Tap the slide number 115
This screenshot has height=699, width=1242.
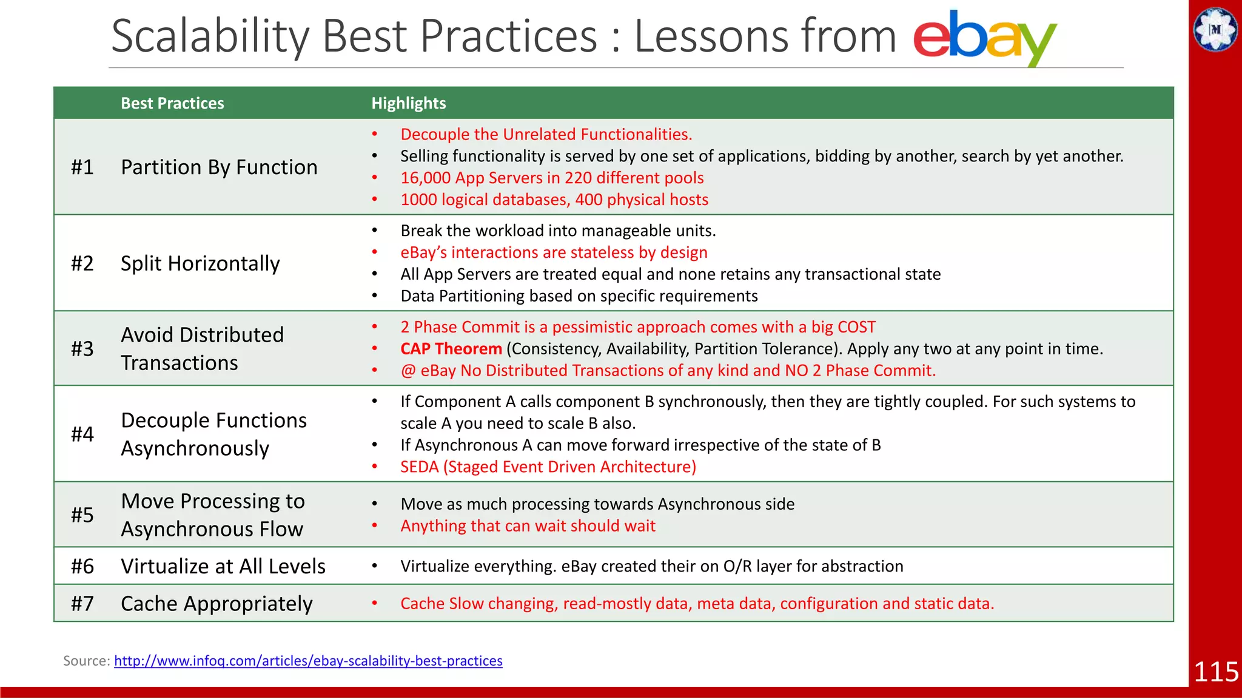pyautogui.click(x=1215, y=672)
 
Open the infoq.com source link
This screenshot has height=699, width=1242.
pyautogui.click(x=308, y=661)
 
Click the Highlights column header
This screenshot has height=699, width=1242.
pyautogui.click(x=408, y=103)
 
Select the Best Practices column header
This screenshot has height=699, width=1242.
pyautogui.click(x=172, y=103)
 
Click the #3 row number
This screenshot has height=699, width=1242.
pyautogui.click(x=82, y=349)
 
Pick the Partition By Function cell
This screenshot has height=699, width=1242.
pyautogui.click(x=219, y=167)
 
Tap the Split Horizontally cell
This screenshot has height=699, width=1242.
pyautogui.click(x=200, y=263)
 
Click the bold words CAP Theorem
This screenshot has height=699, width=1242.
pyautogui.click(x=451, y=349)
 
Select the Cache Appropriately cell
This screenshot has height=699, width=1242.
pyautogui.click(x=217, y=604)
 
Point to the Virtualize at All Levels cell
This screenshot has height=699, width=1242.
pyautogui.click(x=223, y=566)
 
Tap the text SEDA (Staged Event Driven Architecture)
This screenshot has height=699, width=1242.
pyautogui.click(x=548, y=467)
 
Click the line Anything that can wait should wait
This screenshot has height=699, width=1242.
pyautogui.click(x=528, y=525)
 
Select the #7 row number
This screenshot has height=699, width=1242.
pyautogui.click(x=82, y=604)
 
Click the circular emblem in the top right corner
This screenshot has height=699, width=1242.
pyautogui.click(x=1215, y=29)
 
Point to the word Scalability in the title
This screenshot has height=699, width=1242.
pyautogui.click(x=210, y=36)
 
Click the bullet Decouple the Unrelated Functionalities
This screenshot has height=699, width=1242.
pyautogui.click(x=546, y=134)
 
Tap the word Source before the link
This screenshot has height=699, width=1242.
pyautogui.click(x=86, y=661)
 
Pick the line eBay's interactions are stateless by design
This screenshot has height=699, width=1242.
pyautogui.click(x=554, y=252)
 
